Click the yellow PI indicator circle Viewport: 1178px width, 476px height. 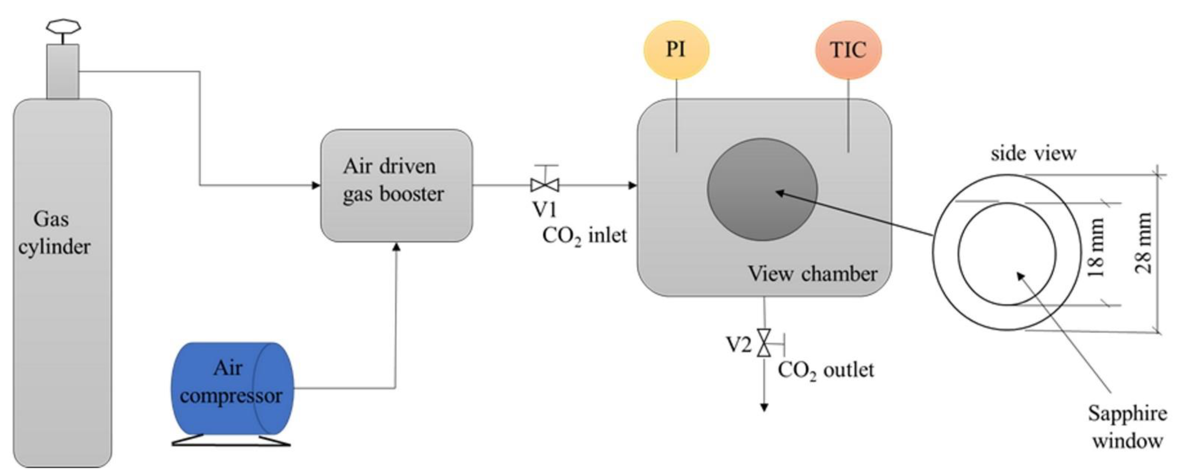tap(676, 50)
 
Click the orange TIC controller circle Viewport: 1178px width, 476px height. tap(848, 50)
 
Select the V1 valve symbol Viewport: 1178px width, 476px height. tap(545, 185)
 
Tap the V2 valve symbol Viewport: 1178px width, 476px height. tap(764, 342)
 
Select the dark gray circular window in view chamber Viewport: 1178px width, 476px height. tap(762, 189)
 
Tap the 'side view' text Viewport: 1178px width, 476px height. tap(1033, 153)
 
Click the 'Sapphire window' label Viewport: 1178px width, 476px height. tap(1127, 426)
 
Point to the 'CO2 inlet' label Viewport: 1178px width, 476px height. tap(584, 236)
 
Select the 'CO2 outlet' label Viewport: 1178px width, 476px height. tap(825, 370)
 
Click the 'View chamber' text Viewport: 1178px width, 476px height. tap(812, 274)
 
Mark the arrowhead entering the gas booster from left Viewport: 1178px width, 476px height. tap(316, 185)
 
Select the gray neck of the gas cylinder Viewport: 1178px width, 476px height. tap(63, 71)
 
